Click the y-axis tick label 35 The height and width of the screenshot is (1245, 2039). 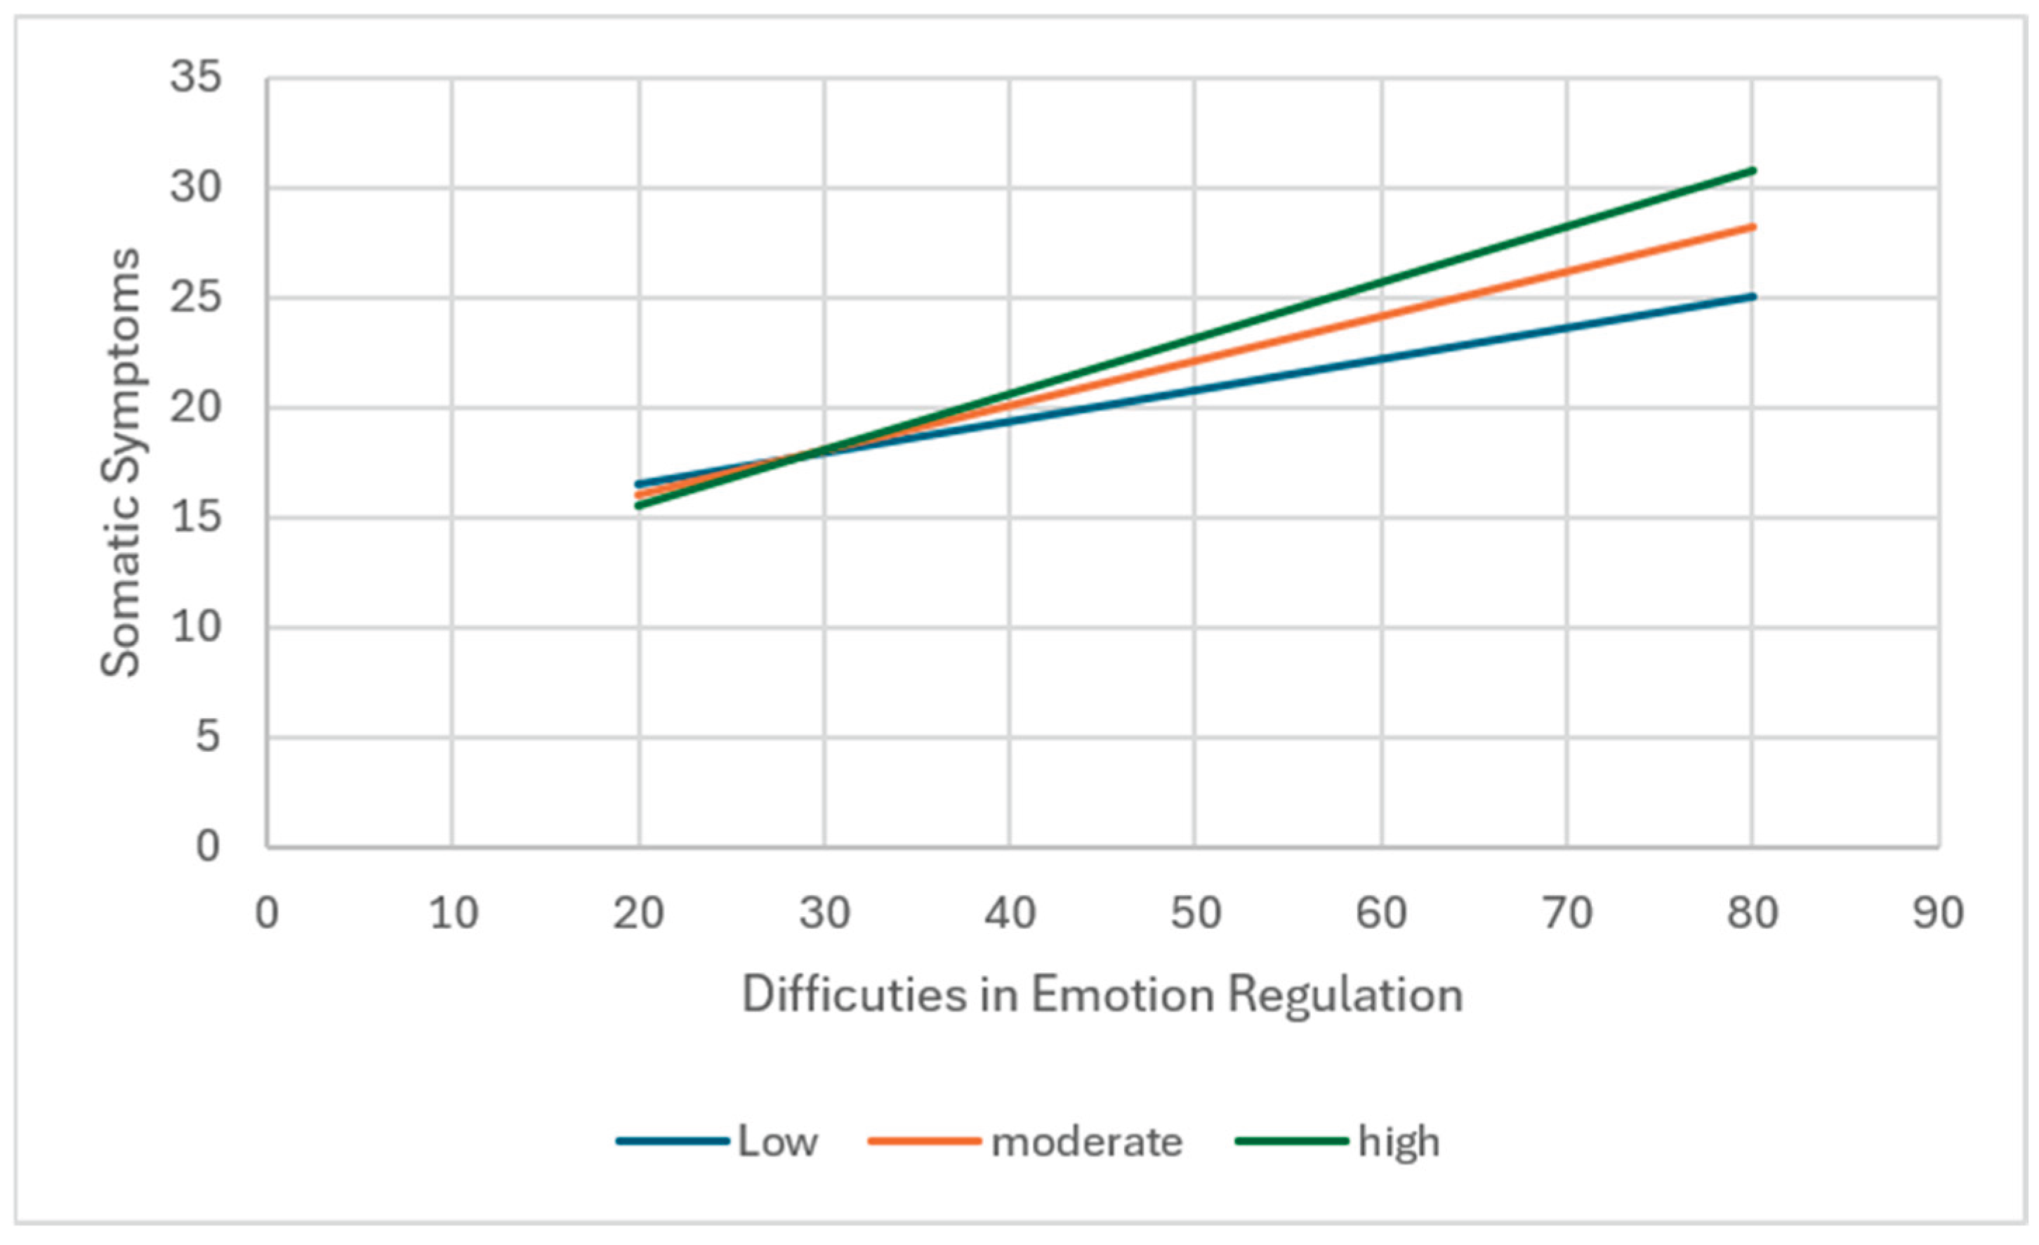tap(196, 78)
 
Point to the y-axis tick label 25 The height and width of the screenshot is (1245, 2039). tap(196, 298)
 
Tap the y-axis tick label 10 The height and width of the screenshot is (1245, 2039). tap(196, 627)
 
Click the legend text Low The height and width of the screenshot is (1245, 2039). tap(778, 1142)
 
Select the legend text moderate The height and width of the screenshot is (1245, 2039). tap(1086, 1142)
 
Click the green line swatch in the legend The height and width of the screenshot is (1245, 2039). tap(1293, 1142)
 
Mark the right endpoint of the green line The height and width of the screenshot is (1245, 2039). tap(1752, 171)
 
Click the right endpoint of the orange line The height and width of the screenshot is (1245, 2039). tap(1752, 226)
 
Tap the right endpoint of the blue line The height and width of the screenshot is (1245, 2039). tap(1752, 296)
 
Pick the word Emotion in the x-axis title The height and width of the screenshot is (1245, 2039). tap(1122, 993)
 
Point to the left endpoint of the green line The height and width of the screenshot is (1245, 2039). tap(638, 505)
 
